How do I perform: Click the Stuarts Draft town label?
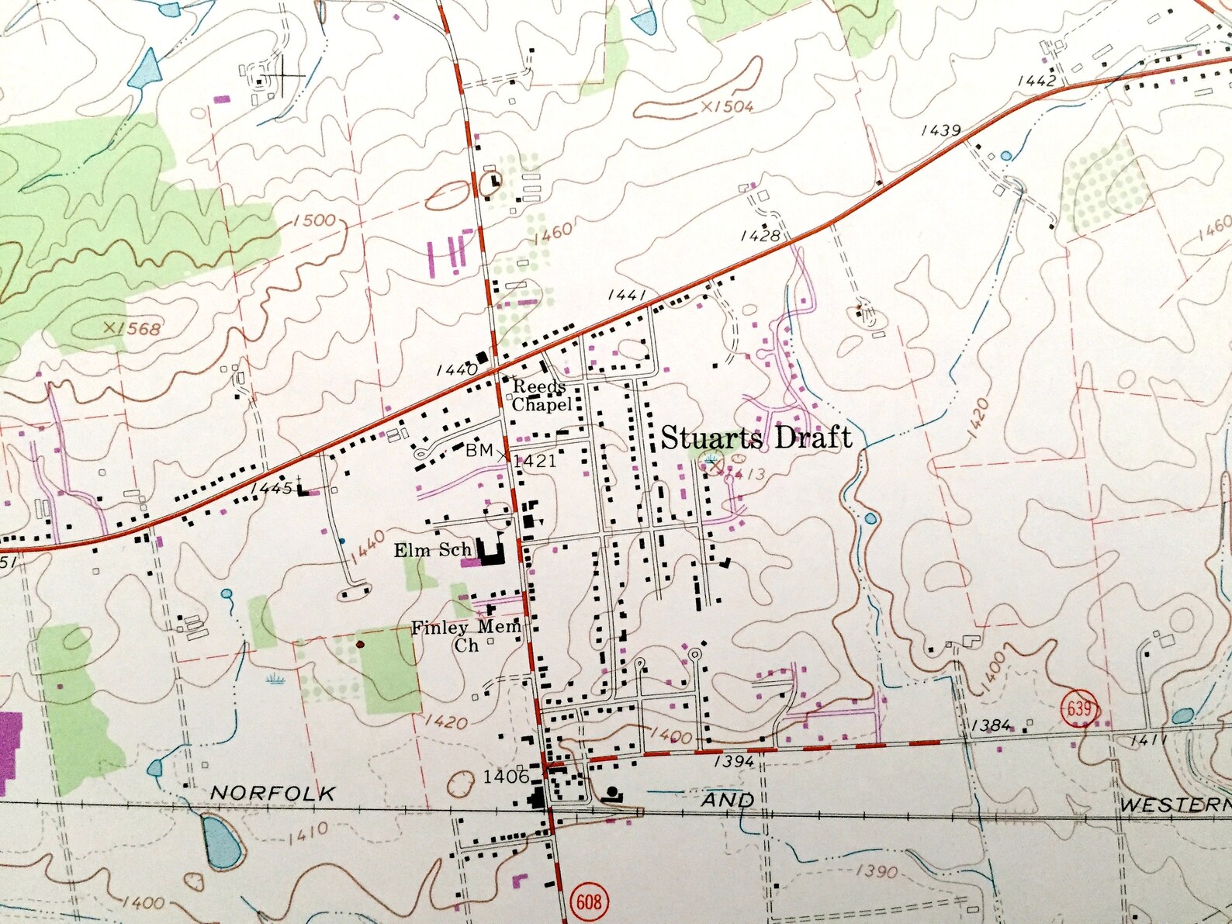(756, 438)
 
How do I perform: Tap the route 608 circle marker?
(589, 901)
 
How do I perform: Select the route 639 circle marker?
(1079, 708)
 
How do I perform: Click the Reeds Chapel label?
(542, 396)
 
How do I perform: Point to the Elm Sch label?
(432, 551)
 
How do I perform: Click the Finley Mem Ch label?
(465, 635)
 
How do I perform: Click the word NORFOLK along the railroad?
(273, 793)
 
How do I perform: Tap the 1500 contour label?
(313, 221)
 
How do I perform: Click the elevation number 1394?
(733, 762)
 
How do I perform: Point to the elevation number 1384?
(991, 725)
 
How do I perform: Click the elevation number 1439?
(940, 130)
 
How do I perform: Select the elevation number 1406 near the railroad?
(505, 777)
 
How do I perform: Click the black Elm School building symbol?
(490, 553)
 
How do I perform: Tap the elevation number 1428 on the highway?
(760, 236)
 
